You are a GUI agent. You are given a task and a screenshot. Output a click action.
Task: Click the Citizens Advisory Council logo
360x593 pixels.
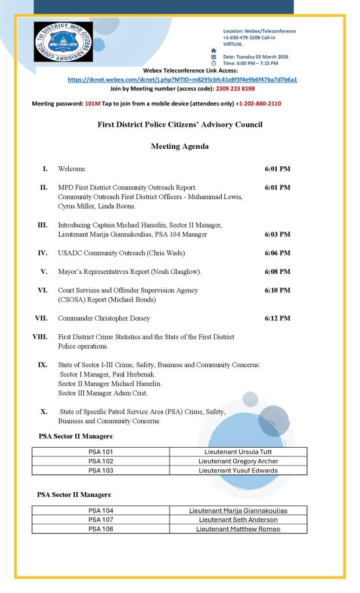click(x=63, y=42)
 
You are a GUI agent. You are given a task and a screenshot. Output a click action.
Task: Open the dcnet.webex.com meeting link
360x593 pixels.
click(x=182, y=79)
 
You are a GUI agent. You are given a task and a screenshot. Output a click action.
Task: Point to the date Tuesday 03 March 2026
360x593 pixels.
click(x=255, y=57)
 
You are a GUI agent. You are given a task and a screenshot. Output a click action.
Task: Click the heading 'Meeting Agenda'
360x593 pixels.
click(x=179, y=147)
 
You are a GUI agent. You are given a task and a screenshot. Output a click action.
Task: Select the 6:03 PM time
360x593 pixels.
click(x=277, y=235)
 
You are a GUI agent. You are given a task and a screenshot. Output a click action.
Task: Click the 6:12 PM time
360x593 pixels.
click(x=277, y=318)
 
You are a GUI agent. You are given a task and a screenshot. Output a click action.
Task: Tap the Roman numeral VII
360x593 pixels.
click(x=41, y=318)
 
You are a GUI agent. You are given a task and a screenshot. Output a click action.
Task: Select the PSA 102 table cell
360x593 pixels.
click(x=101, y=461)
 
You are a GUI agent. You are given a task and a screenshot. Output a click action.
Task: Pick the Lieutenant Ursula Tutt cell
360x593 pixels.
click(x=238, y=452)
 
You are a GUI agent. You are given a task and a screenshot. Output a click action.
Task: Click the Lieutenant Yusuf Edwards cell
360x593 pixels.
click(x=238, y=470)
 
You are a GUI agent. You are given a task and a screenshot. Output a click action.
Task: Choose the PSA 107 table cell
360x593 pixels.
click(x=101, y=519)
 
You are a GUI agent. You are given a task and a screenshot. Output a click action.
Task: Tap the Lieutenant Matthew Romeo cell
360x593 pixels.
click(x=238, y=529)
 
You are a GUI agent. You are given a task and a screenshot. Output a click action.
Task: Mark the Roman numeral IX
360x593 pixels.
click(x=42, y=365)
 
